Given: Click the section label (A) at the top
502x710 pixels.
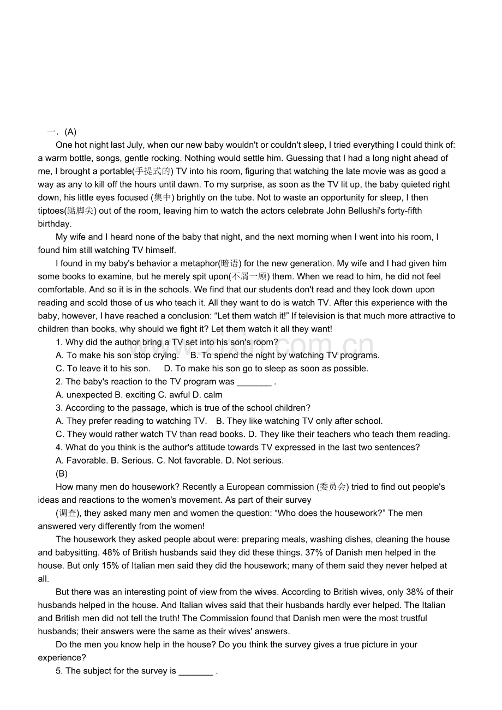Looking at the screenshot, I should (x=70, y=132).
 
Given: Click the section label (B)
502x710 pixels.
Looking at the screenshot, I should (x=62, y=473).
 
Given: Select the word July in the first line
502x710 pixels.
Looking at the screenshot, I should (x=134, y=145).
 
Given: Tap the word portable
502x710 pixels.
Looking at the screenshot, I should (x=116, y=171).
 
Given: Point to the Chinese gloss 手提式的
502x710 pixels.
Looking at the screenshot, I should (x=153, y=171).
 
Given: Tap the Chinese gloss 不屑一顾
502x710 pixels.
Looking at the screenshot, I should (x=250, y=276).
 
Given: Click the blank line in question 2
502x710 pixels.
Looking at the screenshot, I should (x=254, y=382).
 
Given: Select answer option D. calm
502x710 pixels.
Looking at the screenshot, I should (x=207, y=395).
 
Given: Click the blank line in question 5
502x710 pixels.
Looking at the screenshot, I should (x=196, y=671).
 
